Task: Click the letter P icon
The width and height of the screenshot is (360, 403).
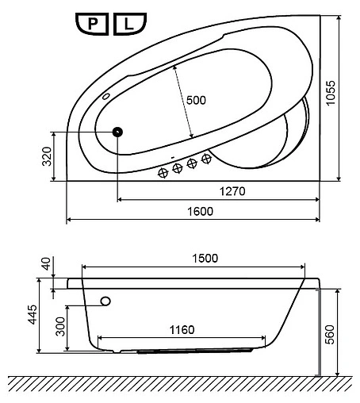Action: pos(92,24)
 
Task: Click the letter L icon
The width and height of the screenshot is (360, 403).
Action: pos(130,24)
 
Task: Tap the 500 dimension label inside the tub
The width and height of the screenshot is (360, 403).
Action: pos(196,100)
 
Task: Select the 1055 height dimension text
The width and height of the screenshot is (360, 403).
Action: pos(331,93)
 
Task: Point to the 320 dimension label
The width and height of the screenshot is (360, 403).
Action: pos(47,156)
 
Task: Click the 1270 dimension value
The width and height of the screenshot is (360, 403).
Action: pos(232,191)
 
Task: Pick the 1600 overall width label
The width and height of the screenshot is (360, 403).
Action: pos(200,212)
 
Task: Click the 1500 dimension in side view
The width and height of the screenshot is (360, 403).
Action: pos(205,259)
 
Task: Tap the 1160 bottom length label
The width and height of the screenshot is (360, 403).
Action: pos(182,330)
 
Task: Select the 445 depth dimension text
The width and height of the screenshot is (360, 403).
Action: pos(33,314)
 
